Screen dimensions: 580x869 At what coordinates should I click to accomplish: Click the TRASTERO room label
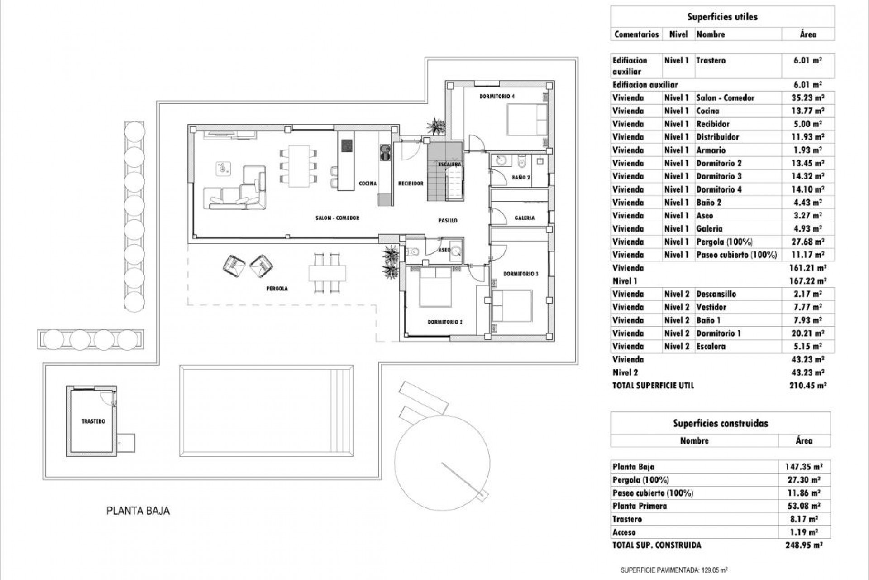tap(93, 421)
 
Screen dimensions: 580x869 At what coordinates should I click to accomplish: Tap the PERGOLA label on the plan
tap(277, 288)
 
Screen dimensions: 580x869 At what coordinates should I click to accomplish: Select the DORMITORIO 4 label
tap(497, 96)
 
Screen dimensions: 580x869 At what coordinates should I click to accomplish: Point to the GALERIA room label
tap(525, 218)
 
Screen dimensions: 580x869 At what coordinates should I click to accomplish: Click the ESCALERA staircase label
tap(449, 164)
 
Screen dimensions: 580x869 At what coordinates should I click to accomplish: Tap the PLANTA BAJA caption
tap(138, 511)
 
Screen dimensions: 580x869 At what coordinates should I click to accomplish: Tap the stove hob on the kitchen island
tap(347, 145)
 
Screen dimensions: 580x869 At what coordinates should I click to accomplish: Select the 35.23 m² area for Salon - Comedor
tap(808, 97)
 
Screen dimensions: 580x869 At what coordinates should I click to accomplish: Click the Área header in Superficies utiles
tap(808, 34)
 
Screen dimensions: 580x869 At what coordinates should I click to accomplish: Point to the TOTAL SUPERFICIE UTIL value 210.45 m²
tap(808, 386)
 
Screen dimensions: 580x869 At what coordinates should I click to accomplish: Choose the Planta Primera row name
tap(640, 506)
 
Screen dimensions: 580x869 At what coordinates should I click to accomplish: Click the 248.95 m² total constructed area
tap(804, 546)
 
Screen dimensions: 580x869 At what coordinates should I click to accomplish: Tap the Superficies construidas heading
tap(720, 424)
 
